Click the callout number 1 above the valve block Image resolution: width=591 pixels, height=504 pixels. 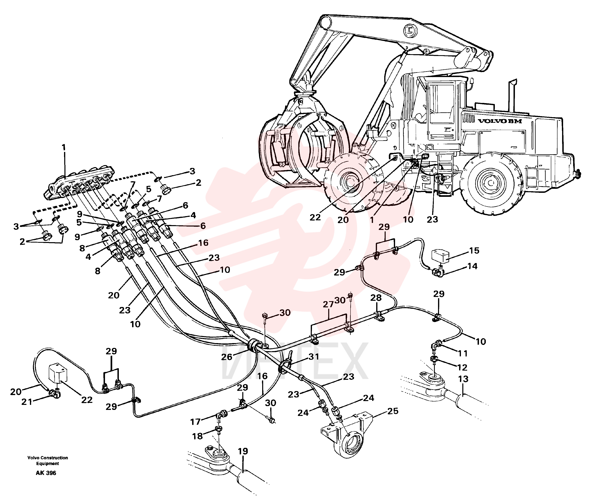pos(64,147)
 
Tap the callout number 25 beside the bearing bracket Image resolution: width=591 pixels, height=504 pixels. pos(393,411)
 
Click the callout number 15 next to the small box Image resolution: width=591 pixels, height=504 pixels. pos(474,251)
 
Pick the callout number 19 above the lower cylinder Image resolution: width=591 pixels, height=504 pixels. pos(243,459)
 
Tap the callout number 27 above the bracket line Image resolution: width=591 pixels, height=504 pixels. pos(328,304)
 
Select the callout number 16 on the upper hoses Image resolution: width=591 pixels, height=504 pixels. pos(203,243)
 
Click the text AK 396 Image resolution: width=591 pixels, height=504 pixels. pos(46,473)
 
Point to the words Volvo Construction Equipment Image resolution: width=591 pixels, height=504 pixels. pos(48,461)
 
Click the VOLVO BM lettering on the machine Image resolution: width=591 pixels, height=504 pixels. pos(500,121)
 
